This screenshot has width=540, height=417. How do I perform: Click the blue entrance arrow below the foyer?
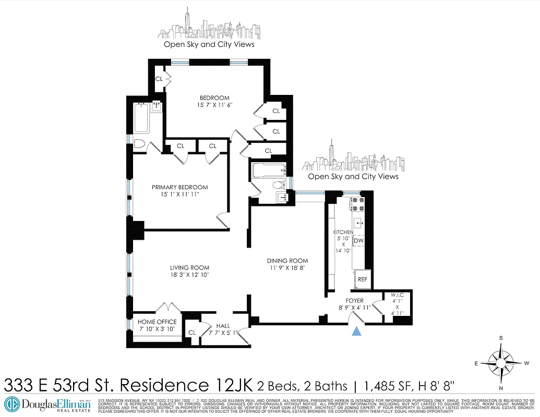(x=357, y=331)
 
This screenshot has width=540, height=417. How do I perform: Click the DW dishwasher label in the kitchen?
(x=358, y=241)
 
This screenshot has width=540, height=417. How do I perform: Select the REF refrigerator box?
(x=362, y=279)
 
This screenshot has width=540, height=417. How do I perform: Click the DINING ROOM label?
(x=287, y=261)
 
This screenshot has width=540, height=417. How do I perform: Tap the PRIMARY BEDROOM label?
(x=180, y=187)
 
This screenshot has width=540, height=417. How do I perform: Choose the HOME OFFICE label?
(x=157, y=322)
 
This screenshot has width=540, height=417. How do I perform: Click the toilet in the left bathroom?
(x=139, y=144)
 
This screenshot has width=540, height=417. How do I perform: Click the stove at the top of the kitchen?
(x=359, y=206)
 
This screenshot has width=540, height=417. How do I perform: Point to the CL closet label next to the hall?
(x=192, y=333)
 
